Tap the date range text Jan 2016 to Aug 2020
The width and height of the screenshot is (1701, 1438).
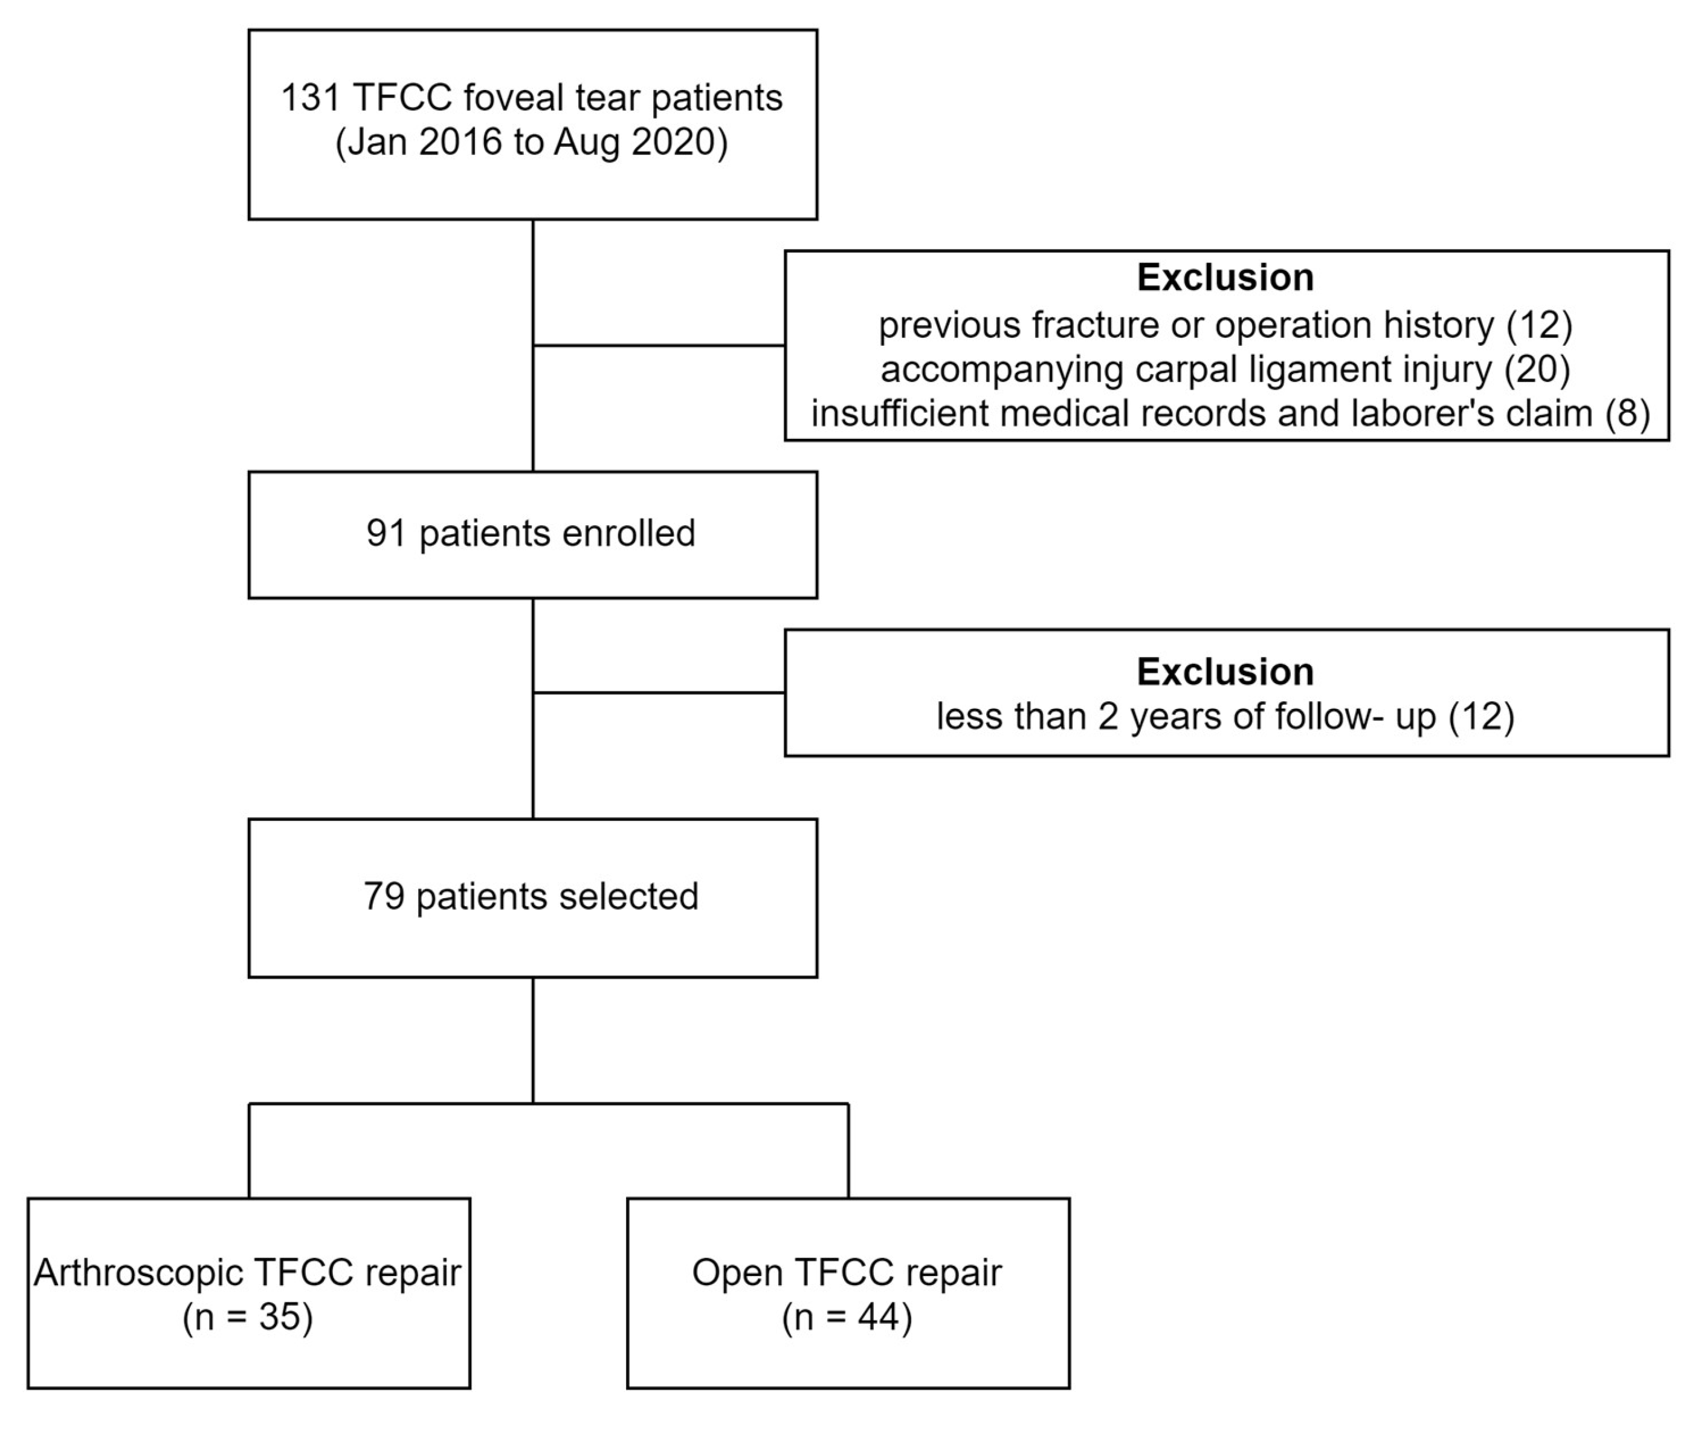coord(531,143)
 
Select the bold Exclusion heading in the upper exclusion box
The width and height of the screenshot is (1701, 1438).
coord(1225,278)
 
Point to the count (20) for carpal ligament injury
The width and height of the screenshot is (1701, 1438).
coord(1537,369)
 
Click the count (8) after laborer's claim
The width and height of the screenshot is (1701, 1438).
coord(1628,413)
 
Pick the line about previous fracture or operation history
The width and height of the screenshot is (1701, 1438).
coord(1225,325)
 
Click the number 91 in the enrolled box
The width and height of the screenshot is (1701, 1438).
coord(386,534)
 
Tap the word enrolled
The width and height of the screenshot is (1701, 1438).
coord(628,534)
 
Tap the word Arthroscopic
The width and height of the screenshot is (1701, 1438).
coord(138,1272)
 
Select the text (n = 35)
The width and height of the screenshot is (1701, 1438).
coord(248,1317)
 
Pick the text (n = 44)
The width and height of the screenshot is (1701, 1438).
coord(847,1317)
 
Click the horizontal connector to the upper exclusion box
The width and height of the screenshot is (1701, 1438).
coord(659,346)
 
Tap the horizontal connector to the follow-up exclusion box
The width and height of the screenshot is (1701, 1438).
coord(659,693)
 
